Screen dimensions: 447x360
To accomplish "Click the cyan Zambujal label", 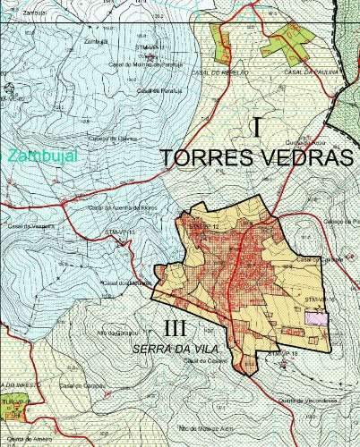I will (x=43, y=156).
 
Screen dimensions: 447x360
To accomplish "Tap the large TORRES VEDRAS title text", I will (x=257, y=157).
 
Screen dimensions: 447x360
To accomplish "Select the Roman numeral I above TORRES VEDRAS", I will (x=257, y=127).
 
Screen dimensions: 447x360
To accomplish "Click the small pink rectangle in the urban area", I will (x=316, y=316).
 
